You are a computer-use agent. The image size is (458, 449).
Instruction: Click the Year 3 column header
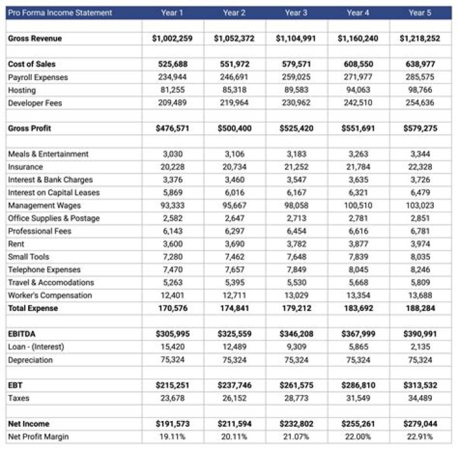click(x=296, y=13)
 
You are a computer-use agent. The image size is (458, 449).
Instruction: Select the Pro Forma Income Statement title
click(x=60, y=13)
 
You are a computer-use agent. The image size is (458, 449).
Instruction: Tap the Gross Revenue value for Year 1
click(x=172, y=39)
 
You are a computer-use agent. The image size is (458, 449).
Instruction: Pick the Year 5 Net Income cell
click(x=419, y=424)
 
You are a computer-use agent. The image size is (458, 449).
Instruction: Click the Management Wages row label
click(x=45, y=205)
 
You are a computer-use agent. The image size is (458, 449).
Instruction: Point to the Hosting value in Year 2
click(x=234, y=90)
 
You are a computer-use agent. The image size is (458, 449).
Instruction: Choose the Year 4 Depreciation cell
click(x=357, y=360)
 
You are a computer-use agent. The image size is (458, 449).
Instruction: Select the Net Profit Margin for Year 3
click(x=296, y=436)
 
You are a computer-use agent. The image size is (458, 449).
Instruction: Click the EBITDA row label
click(x=21, y=334)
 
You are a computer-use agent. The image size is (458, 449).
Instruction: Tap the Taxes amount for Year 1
click(x=172, y=398)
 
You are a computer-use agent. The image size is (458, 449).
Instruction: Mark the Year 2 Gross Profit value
click(x=234, y=128)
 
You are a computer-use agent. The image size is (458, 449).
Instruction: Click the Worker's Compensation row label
click(x=50, y=295)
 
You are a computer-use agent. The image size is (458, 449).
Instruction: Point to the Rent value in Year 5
click(x=419, y=244)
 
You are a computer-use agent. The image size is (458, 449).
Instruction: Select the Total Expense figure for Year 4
click(x=357, y=308)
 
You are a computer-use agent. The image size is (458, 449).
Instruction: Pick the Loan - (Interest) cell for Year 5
click(x=419, y=347)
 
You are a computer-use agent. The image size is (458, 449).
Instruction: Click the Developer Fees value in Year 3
click(x=296, y=103)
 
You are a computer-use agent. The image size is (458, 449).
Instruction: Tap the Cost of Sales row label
click(x=32, y=64)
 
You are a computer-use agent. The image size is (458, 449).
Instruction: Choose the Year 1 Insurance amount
click(x=172, y=167)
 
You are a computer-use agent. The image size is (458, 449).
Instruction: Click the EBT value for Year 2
click(x=234, y=385)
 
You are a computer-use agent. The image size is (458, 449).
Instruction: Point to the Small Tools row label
click(x=29, y=257)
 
